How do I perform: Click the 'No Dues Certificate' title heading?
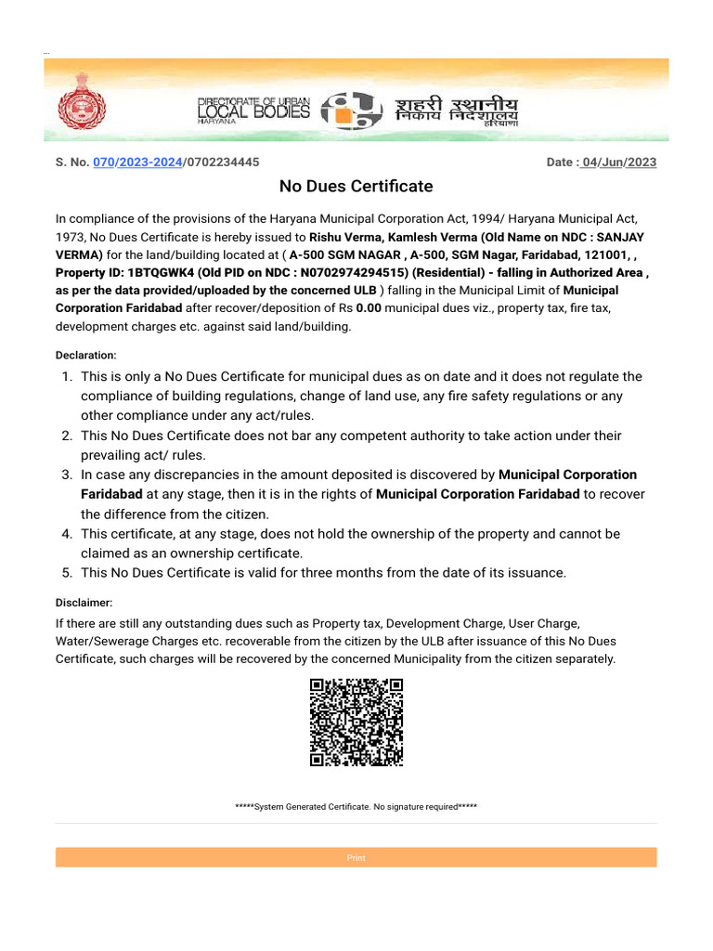(356, 187)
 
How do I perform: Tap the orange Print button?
(356, 857)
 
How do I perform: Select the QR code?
(356, 722)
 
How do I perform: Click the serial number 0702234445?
(223, 163)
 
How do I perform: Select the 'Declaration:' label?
(86, 355)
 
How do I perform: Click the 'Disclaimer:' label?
(84, 603)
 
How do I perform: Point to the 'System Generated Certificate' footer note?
(356, 807)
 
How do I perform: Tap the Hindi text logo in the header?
(457, 111)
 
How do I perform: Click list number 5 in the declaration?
(67, 573)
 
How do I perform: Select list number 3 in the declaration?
(67, 475)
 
